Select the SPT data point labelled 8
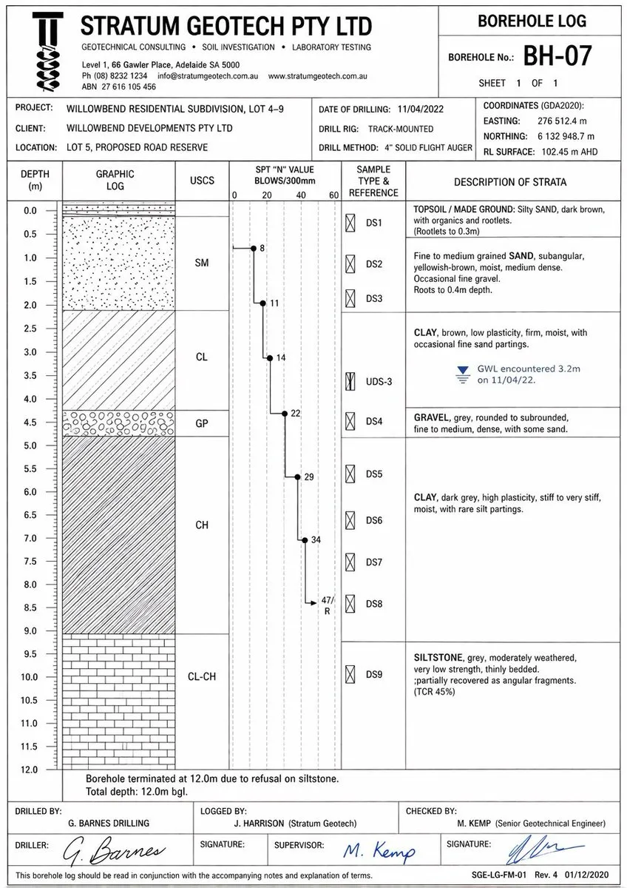(253, 249)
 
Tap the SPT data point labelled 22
(285, 413)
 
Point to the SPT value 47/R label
(328, 605)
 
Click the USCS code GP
(202, 423)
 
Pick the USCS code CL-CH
(202, 676)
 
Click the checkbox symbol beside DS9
(350, 674)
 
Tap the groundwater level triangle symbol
(463, 370)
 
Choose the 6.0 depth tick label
(30, 492)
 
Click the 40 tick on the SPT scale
(301, 195)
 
